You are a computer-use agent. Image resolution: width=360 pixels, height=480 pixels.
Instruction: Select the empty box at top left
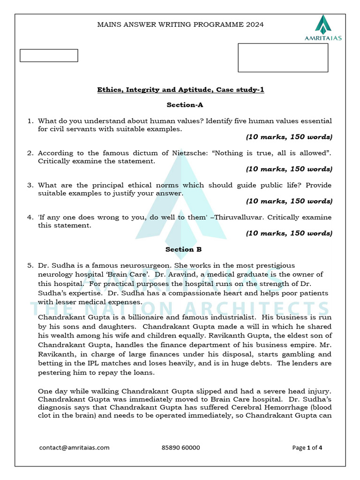[49, 55]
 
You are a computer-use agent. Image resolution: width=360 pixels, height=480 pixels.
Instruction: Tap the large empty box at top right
[283, 58]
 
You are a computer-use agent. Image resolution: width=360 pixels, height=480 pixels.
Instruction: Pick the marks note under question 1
[289, 137]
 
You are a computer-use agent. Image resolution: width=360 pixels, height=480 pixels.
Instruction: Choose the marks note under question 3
[289, 201]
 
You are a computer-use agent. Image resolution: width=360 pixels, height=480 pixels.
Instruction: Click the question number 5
[30, 266]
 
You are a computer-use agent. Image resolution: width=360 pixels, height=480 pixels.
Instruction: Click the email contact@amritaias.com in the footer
[74, 448]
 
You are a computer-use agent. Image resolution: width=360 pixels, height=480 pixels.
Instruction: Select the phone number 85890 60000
[180, 448]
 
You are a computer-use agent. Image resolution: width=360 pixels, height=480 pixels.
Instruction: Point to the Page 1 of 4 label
[307, 448]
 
